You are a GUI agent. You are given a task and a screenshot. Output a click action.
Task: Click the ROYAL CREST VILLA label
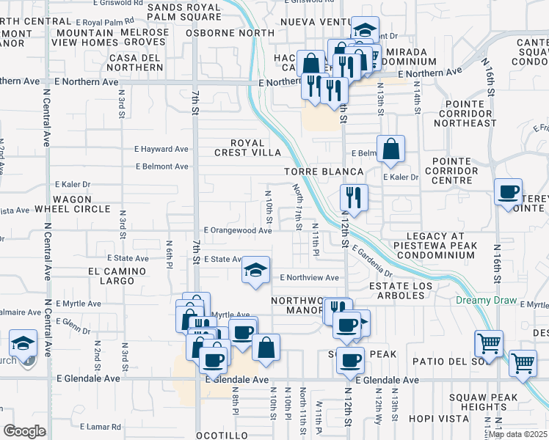pos(246,147)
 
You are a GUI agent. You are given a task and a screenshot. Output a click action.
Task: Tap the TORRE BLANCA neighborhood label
pos(324,172)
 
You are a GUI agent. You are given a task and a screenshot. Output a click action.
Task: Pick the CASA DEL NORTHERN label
pos(135,62)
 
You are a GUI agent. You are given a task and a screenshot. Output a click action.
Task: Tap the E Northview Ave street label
pos(309,278)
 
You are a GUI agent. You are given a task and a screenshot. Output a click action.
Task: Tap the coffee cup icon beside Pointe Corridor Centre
pos(509,192)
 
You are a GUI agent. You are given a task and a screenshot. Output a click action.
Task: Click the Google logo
pos(24,431)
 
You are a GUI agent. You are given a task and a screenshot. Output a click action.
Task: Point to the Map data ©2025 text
pos(517,434)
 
